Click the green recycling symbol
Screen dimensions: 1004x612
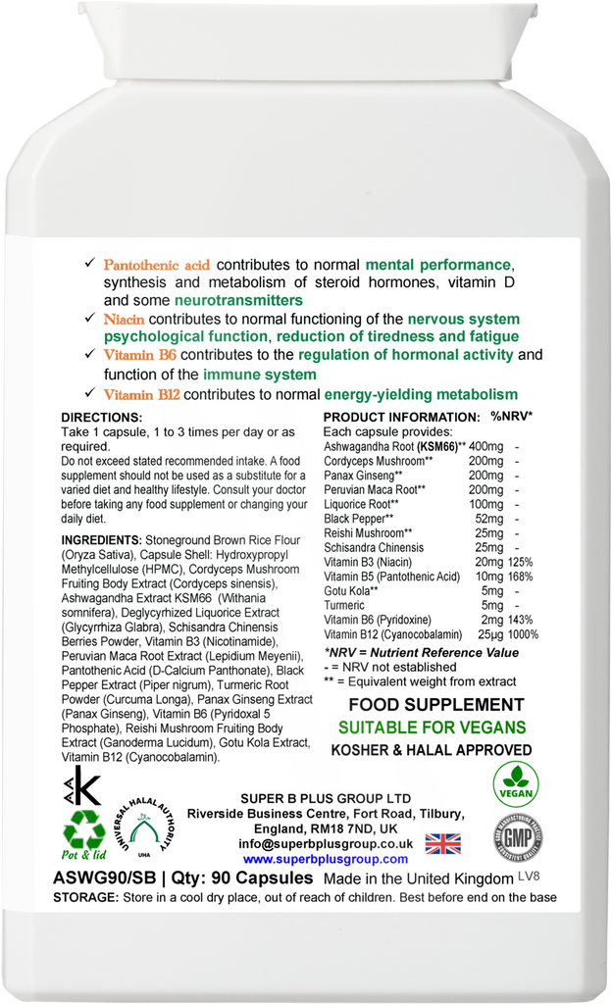pyautogui.click(x=84, y=833)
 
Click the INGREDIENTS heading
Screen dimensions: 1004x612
pyautogui.click(x=101, y=540)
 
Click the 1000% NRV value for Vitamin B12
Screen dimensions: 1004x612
pyautogui.click(x=523, y=634)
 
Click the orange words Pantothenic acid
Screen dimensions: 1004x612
pyautogui.click(x=157, y=266)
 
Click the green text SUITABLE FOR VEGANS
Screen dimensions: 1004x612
pyautogui.click(x=432, y=728)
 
